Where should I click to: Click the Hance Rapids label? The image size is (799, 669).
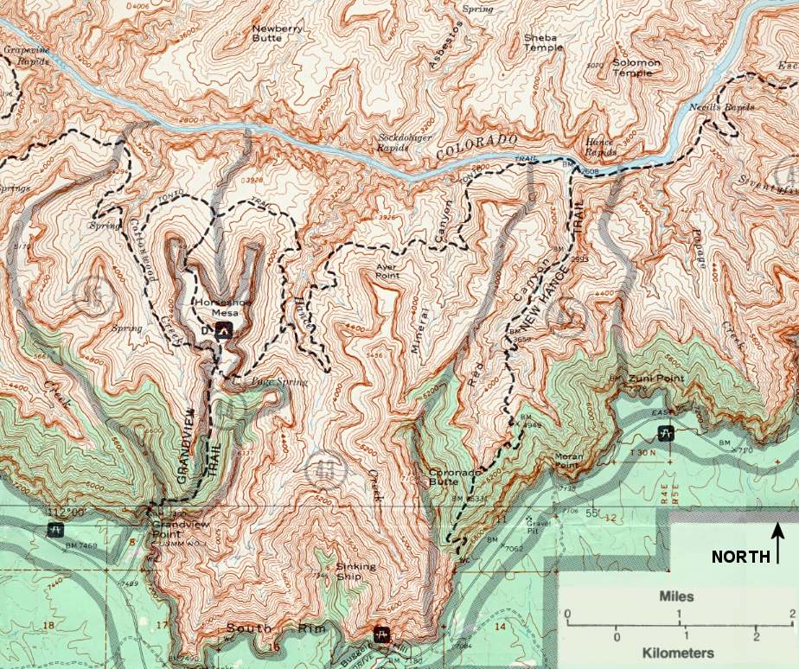click(599, 147)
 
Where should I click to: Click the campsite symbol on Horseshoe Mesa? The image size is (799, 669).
click(224, 329)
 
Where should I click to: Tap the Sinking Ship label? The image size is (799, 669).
click(355, 571)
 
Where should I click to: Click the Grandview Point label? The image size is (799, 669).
click(174, 529)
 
